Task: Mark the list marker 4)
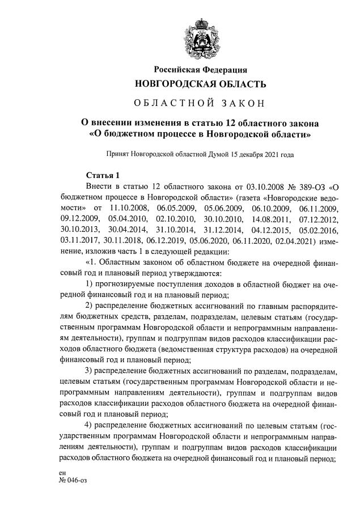[x=89, y=425]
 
